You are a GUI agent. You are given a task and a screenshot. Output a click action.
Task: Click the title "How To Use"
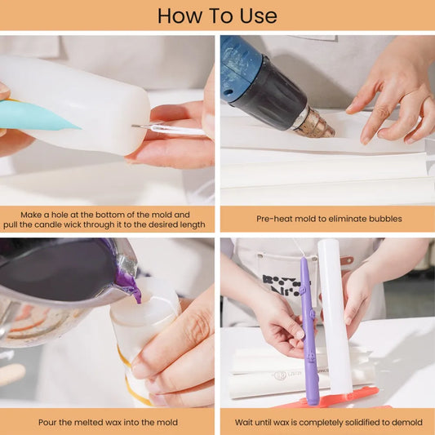tap(217, 16)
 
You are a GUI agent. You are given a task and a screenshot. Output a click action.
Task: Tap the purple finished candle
tap(308, 331)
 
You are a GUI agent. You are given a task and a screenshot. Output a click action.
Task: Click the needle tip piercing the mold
tap(133, 127)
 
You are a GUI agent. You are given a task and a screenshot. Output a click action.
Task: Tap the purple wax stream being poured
tap(131, 286)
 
